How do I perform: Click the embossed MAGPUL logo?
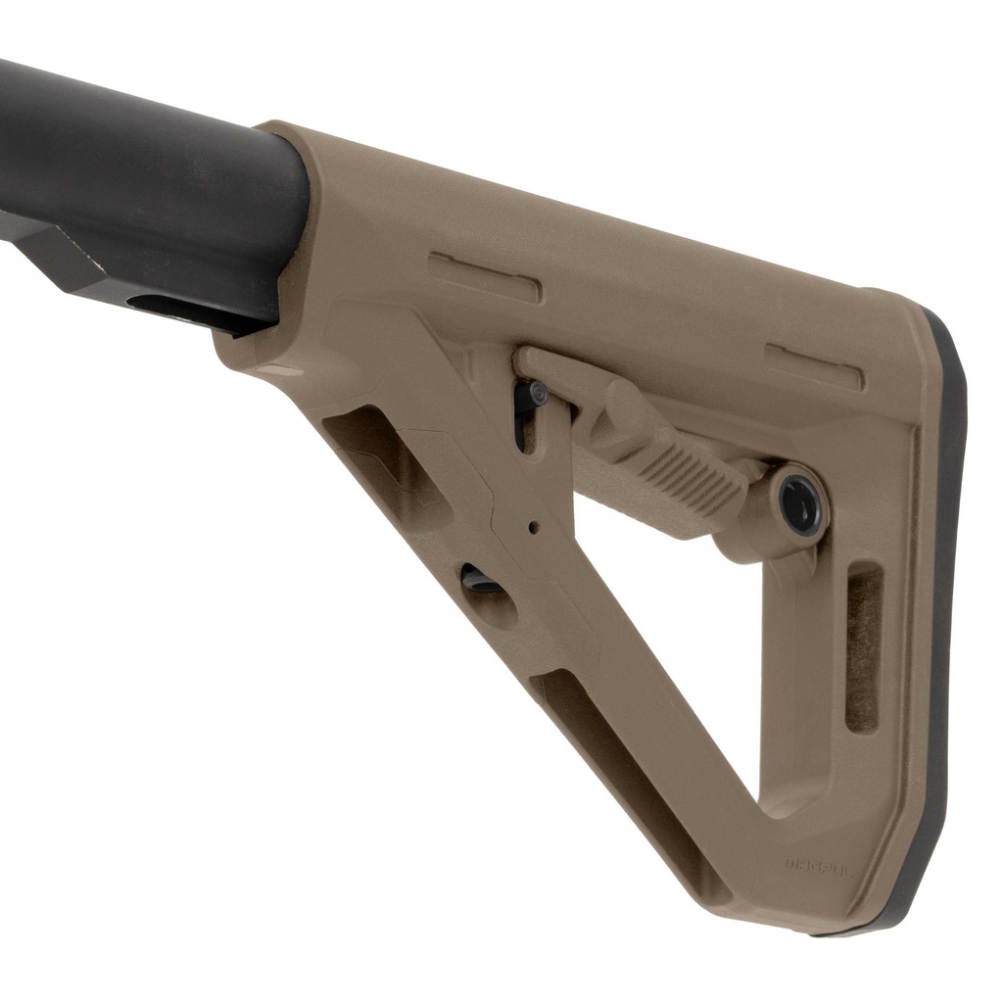(819, 865)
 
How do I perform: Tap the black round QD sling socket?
(801, 503)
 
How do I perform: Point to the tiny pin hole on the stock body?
(533, 527)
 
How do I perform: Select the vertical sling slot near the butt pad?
(862, 647)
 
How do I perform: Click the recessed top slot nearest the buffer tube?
(485, 276)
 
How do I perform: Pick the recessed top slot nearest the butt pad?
(814, 366)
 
